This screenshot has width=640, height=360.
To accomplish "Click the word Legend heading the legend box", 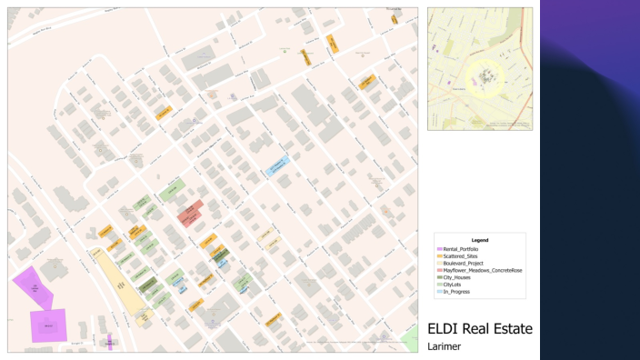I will (480, 240).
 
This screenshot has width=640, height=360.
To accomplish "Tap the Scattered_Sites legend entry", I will (460, 256).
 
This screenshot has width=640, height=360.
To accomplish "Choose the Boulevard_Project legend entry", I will (462, 264).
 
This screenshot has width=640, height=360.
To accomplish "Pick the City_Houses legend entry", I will (457, 278).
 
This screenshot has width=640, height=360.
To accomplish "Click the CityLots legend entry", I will (454, 285).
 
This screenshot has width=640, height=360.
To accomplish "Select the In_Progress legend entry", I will (456, 293).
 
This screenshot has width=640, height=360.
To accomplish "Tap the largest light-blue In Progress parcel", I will (276, 165).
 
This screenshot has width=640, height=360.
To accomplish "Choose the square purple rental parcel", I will (48, 325).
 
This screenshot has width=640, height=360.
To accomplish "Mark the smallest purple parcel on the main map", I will (109, 343).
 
